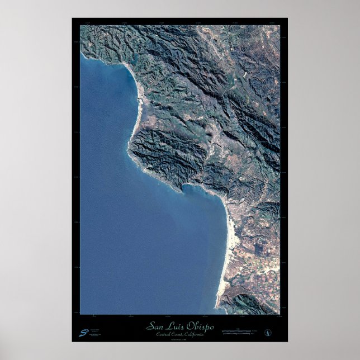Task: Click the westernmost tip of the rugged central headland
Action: tap(129, 146)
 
